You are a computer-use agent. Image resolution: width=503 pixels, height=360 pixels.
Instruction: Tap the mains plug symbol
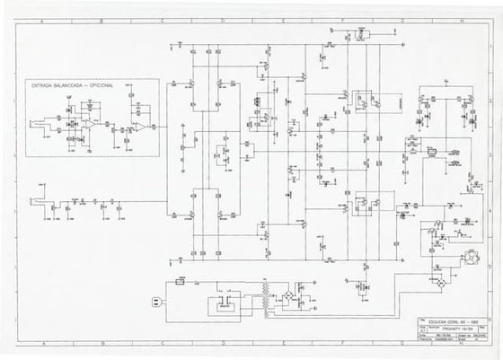[x=154, y=301]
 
